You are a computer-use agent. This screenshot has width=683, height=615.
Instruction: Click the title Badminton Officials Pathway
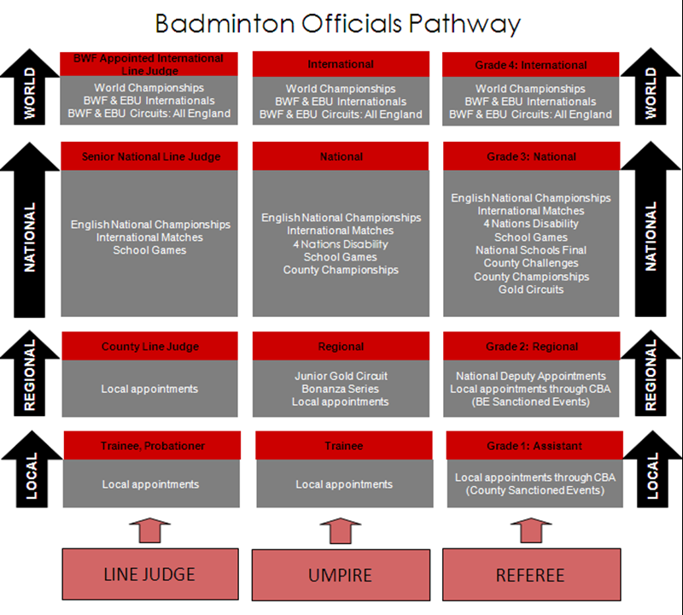[337, 24]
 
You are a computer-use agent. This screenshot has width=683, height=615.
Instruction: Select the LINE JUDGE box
[150, 574]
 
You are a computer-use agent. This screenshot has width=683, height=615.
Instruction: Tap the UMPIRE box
[341, 575]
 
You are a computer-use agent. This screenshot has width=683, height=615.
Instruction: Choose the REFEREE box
[531, 575]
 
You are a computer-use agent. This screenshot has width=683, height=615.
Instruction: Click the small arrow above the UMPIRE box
[341, 530]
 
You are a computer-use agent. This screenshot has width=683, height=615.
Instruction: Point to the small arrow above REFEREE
[531, 530]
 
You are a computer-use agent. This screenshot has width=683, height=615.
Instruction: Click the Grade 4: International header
[530, 65]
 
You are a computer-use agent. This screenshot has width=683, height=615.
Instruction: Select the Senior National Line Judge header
[149, 156]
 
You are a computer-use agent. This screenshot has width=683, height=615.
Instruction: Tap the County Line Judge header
[150, 346]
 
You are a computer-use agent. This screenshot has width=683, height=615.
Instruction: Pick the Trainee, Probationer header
[152, 446]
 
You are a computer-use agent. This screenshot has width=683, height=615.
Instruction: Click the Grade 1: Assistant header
[534, 446]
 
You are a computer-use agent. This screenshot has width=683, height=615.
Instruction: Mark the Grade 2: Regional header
[531, 346]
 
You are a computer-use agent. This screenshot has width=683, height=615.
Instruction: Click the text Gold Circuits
[531, 290]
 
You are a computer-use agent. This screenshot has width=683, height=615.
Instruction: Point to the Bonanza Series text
[340, 389]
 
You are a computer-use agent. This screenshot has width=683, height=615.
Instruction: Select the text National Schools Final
[531, 250]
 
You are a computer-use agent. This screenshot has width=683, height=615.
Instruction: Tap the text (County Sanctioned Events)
[535, 490]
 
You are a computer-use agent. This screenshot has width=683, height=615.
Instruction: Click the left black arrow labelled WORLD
[30, 87]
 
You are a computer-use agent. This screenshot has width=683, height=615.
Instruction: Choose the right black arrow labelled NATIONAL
[651, 229]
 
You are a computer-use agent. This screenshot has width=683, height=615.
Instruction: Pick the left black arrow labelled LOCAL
[32, 469]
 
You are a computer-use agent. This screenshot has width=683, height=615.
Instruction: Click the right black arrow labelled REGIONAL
[651, 372]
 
